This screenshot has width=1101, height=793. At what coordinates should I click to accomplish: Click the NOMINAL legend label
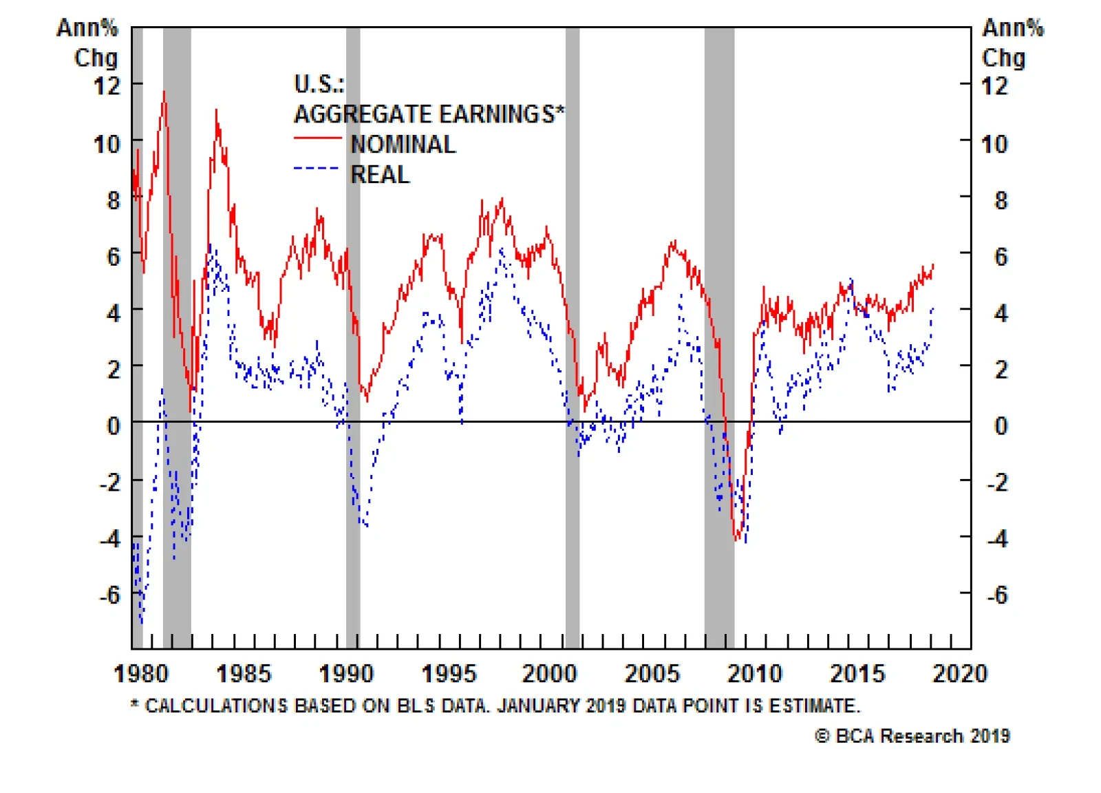(x=403, y=145)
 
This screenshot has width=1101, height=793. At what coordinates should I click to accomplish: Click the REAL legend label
(x=380, y=175)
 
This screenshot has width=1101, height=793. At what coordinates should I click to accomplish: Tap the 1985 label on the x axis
(x=244, y=673)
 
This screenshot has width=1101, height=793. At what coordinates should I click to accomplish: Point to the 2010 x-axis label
(x=755, y=673)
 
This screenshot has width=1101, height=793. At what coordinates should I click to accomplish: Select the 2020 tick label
(x=959, y=673)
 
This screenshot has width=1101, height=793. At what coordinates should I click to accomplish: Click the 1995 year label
(x=449, y=673)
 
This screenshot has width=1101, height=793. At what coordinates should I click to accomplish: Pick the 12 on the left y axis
(x=107, y=86)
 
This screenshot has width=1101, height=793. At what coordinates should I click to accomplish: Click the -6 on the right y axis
(x=997, y=595)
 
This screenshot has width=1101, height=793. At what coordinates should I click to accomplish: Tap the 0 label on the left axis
(x=114, y=425)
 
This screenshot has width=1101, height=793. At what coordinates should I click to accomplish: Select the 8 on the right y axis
(x=1001, y=200)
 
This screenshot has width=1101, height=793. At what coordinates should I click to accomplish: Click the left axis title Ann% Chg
(x=88, y=43)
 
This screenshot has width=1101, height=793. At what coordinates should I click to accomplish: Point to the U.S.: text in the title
(x=319, y=84)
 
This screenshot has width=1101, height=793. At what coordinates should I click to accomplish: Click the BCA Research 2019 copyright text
(x=912, y=736)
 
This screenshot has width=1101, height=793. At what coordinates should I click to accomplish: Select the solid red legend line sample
(x=317, y=138)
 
